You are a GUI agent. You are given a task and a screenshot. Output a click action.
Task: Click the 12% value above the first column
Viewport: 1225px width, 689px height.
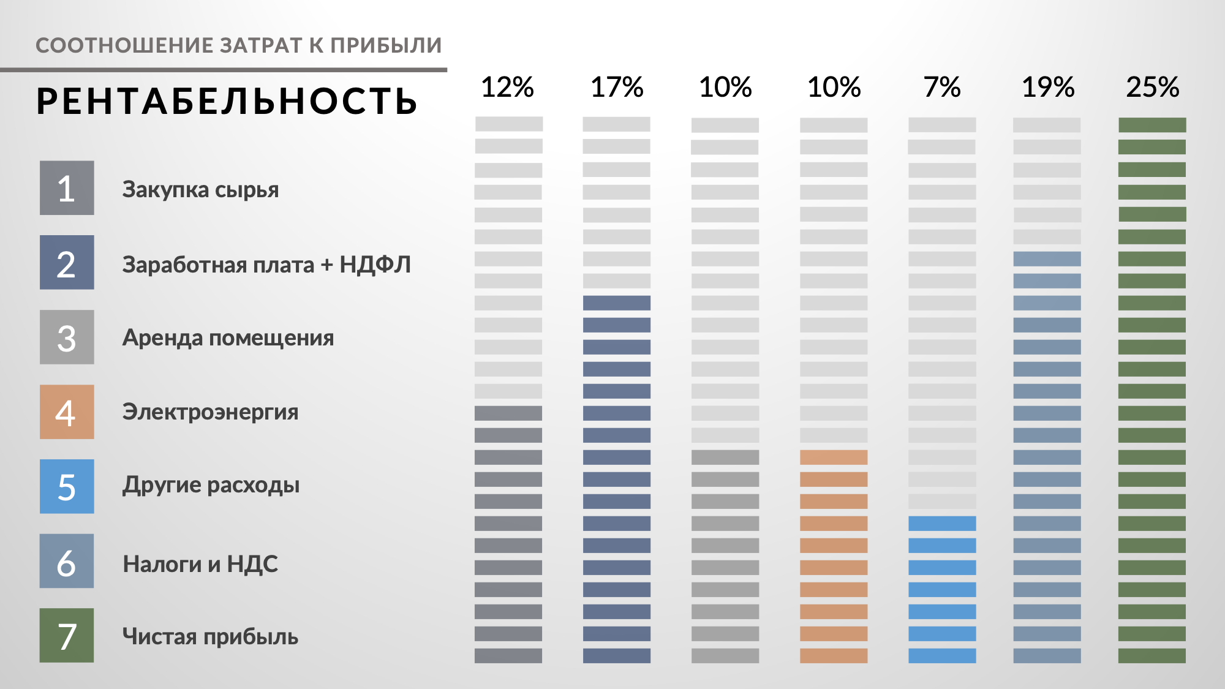coord(507,88)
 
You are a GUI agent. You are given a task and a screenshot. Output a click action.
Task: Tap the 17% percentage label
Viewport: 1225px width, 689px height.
coord(616,88)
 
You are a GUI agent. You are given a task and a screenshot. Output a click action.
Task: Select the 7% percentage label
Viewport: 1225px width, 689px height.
coord(942,88)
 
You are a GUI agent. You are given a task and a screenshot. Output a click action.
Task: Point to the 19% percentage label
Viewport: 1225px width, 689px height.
coord(1048,88)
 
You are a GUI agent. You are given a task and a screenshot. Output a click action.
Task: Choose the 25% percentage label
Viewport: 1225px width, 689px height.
coord(1152,88)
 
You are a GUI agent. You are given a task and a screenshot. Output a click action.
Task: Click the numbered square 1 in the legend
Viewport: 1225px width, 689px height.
coord(67,188)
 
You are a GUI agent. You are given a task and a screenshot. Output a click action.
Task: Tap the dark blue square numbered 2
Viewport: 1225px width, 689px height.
coord(67,263)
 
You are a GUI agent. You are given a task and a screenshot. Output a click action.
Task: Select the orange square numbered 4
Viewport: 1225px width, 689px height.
coord(67,412)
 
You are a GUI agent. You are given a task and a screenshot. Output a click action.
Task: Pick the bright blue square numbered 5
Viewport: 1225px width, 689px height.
coord(67,486)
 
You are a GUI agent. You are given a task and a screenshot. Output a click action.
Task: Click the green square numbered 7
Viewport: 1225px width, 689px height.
coord(67,635)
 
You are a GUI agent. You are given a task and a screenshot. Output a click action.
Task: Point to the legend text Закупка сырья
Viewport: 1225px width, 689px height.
coord(200,190)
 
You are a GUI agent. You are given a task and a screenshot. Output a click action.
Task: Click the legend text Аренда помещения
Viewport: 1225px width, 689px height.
coord(228,338)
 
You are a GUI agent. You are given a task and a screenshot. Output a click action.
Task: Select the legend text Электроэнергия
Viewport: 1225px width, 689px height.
coord(210,412)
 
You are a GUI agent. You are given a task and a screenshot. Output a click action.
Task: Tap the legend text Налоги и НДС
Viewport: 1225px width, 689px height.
coord(200,564)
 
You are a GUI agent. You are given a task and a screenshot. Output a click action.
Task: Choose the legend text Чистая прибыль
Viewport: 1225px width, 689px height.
coord(210,637)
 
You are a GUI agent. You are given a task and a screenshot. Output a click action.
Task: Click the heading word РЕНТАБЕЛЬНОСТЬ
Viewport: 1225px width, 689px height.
coord(227,102)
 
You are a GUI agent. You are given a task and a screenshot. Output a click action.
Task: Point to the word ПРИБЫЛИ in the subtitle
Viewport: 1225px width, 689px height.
coord(386,45)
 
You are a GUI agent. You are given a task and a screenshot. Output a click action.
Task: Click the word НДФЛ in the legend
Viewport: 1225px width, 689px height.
coord(375,265)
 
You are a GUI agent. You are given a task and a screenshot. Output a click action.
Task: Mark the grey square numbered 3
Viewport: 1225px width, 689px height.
coord(67,337)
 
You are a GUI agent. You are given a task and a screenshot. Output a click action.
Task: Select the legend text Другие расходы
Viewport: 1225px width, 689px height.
coord(211,486)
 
